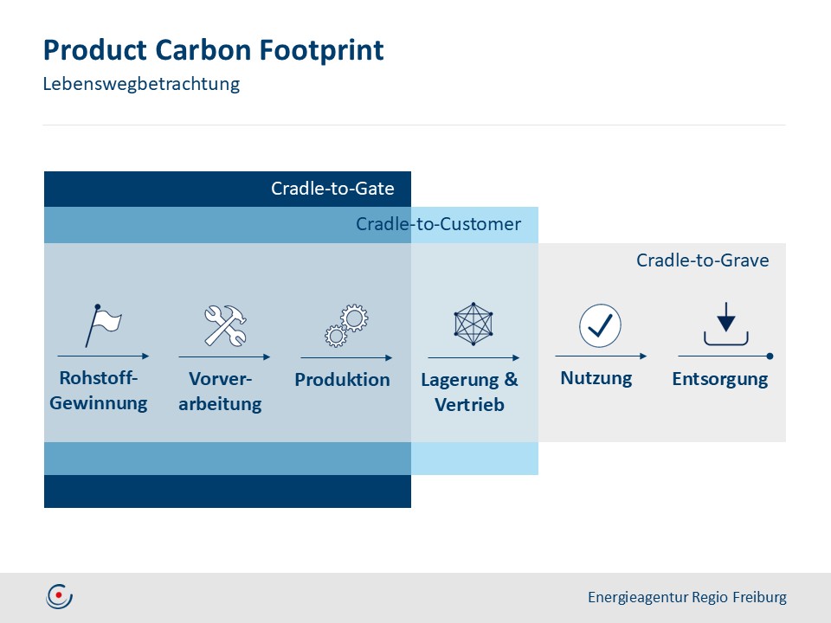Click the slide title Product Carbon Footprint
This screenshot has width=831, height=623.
pos(213,50)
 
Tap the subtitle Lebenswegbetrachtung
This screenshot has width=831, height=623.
pos(141,85)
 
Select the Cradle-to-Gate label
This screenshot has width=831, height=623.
pos(332,189)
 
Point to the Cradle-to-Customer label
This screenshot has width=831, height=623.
pos(438,225)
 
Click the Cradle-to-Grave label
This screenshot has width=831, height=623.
pos(702,260)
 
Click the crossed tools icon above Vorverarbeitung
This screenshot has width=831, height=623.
pos(225,326)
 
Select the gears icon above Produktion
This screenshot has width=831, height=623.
pos(346,326)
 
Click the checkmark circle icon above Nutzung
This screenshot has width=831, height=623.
pos(600,325)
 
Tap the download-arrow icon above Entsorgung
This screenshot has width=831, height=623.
pos(725,324)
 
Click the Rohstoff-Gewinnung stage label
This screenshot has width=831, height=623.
pos(99,391)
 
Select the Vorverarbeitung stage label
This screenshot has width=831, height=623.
pos(220,391)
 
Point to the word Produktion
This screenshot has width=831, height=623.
pos(342,380)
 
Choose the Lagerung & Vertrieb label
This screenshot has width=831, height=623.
pos(469,392)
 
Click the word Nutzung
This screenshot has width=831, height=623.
pos(596,378)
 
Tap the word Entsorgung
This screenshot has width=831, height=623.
pos(719,379)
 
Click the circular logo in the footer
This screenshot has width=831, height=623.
pos(60,596)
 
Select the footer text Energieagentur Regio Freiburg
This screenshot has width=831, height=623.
pos(687,597)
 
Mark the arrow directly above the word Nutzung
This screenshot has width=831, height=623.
pos(601,356)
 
